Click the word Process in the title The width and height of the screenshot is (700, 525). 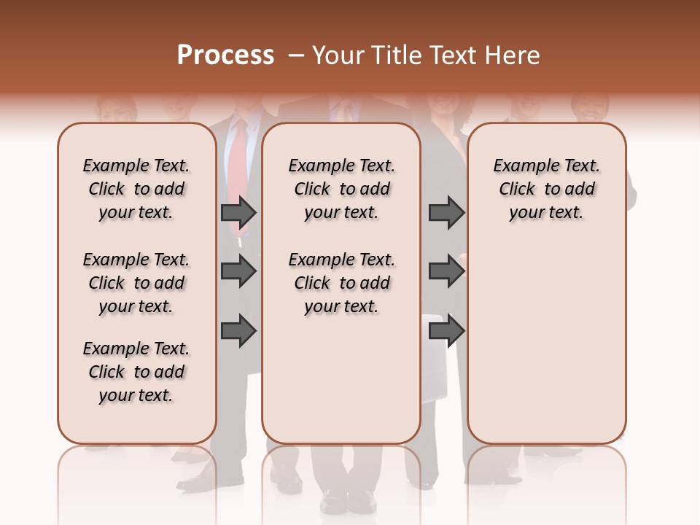225,55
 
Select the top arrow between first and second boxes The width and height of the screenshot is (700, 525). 238,213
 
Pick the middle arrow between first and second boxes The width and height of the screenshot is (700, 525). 238,272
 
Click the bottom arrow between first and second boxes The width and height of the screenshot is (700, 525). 238,330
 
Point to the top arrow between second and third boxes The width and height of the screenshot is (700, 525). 446,213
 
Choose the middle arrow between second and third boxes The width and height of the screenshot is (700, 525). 446,272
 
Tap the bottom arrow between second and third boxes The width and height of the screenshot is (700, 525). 446,330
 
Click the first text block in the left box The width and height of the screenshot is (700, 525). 136,189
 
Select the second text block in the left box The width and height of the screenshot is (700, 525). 136,283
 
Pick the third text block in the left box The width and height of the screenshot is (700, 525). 136,372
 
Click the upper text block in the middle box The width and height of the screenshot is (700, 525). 341,189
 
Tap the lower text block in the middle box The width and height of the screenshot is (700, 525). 341,283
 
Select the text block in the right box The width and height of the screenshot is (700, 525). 546,189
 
